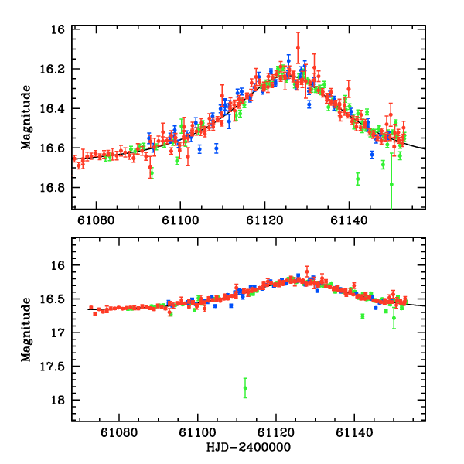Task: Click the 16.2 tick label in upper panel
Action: pyautogui.click(x=56, y=69)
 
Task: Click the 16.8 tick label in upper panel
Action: pyautogui.click(x=56, y=188)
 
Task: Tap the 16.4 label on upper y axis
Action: pyautogui.click(x=56, y=108)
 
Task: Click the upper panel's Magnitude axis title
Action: pyautogui.click(x=26, y=118)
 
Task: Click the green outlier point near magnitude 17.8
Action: pyautogui.click(x=245, y=387)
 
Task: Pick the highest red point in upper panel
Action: pyautogui.click(x=298, y=47)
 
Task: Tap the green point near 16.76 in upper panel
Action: pyautogui.click(x=357, y=179)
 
